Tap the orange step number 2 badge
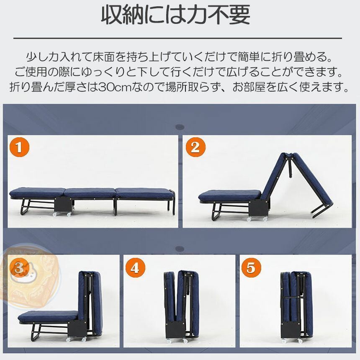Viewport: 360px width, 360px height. coord(195,148)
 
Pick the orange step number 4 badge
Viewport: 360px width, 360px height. coord(135,267)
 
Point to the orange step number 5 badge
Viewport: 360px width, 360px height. coord(251,267)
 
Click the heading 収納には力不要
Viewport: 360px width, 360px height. coord(176,16)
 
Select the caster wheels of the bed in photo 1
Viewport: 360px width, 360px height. coord(54,214)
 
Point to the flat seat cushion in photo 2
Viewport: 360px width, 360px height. coord(228,195)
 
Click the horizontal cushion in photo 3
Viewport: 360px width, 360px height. coord(48,316)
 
